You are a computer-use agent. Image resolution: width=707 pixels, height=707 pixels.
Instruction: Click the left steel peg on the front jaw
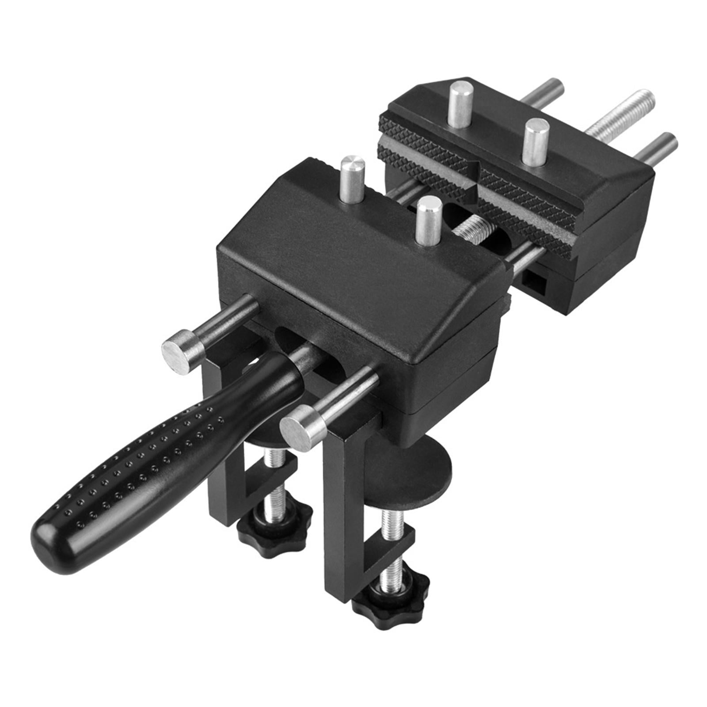[x=352, y=179]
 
